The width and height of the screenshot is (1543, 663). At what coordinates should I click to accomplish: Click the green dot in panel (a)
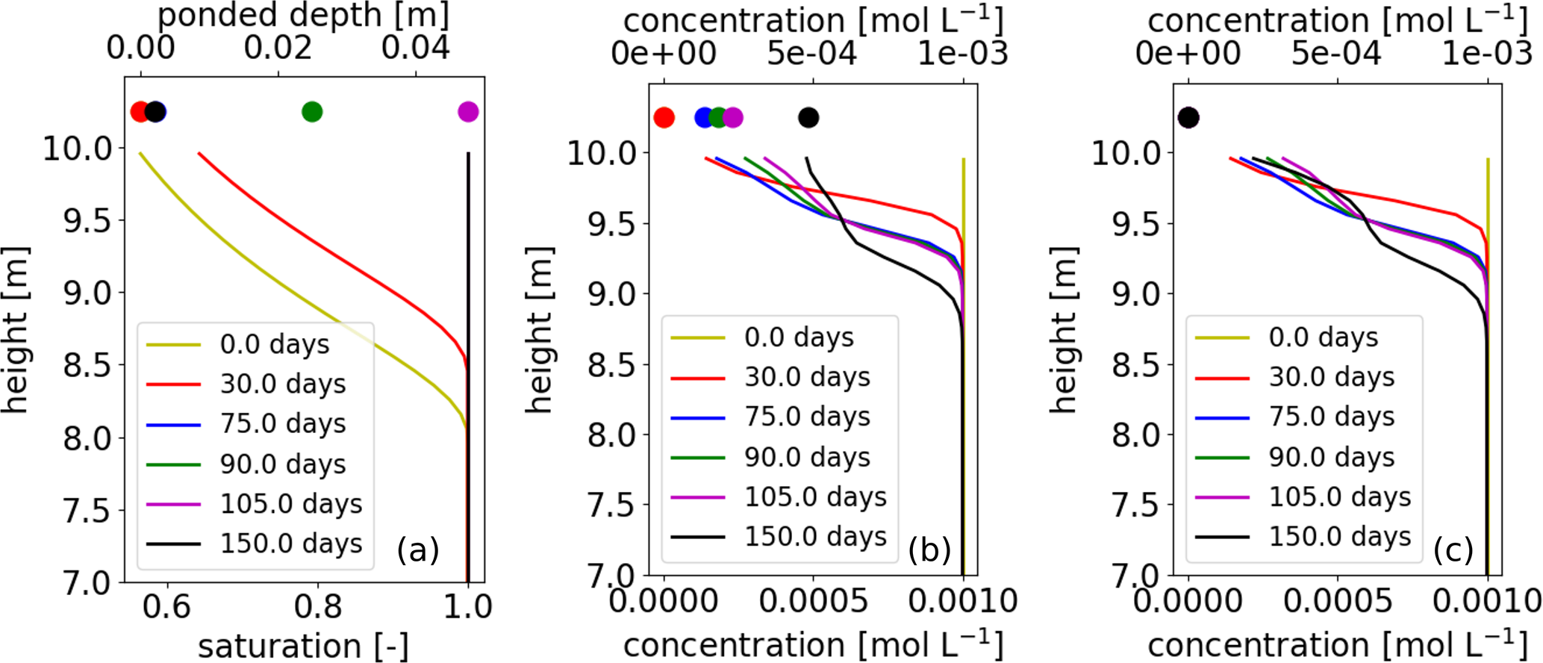tap(312, 112)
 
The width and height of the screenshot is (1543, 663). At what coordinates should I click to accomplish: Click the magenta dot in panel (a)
tap(468, 112)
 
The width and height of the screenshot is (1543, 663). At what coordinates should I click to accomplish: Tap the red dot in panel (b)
tap(664, 117)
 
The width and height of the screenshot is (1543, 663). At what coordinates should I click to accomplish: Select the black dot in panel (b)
tap(808, 117)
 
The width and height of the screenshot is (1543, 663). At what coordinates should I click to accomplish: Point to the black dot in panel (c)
tap(1188, 117)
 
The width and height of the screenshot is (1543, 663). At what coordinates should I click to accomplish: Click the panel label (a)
tap(418, 550)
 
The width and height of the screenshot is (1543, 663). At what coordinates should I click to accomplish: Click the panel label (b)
tap(930, 550)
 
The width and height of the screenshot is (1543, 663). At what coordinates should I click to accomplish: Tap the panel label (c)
tap(1453, 550)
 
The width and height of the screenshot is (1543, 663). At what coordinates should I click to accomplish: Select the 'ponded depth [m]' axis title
tap(303, 15)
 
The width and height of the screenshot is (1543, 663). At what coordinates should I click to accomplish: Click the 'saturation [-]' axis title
tap(303, 646)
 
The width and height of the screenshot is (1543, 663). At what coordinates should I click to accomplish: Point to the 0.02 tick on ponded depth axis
tap(278, 49)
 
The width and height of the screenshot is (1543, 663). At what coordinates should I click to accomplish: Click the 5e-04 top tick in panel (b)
tap(813, 54)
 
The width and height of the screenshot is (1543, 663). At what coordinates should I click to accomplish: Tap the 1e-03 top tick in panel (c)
tap(1487, 54)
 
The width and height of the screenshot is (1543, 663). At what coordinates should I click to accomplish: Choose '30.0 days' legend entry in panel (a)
tap(283, 384)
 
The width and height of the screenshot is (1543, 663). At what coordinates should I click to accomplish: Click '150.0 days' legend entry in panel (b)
tap(815, 536)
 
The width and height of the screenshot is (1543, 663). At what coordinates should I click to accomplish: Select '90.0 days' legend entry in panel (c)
tap(1332, 456)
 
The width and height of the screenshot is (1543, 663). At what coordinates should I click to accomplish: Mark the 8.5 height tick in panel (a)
tap(88, 366)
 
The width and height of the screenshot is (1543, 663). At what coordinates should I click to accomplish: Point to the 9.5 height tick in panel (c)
tap(1137, 223)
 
